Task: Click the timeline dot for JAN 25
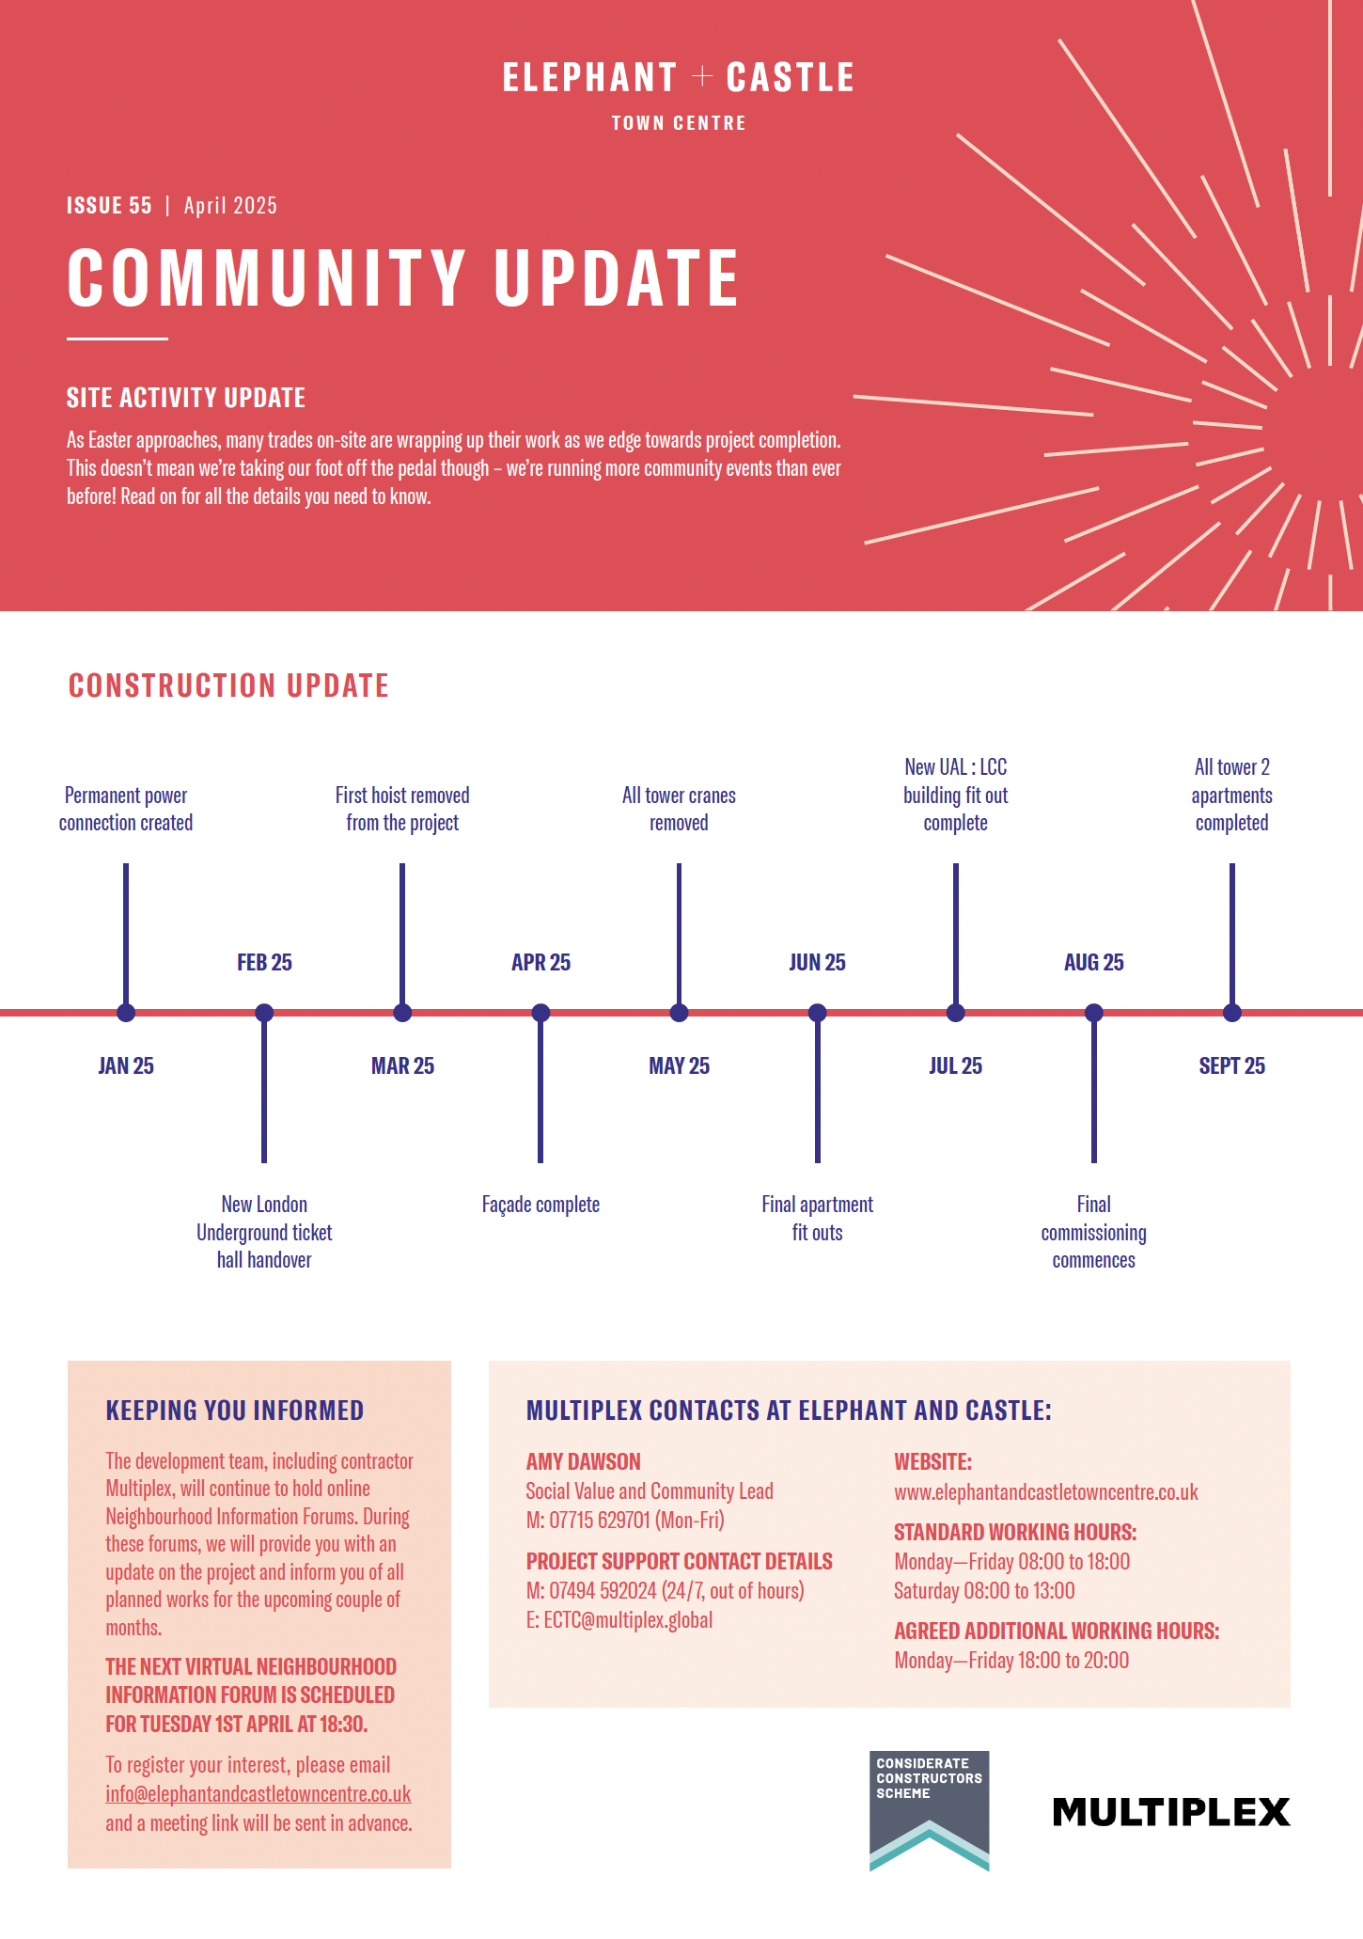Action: pos(126,1013)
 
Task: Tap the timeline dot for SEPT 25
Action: pos(1232,1013)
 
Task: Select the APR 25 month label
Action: pos(540,962)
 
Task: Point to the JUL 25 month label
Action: pos(955,1065)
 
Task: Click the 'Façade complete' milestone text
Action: pos(540,1205)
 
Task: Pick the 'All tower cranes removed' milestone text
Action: pos(679,809)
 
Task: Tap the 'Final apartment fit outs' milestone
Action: pos(817,1218)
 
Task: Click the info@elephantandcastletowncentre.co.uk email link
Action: pos(258,1793)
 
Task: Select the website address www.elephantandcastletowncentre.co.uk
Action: pos(1045,1492)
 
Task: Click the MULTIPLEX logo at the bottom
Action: pos(1170,1811)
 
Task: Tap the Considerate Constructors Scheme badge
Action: pos(929,1810)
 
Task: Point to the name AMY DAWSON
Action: pos(583,1461)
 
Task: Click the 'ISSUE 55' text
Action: pos(109,206)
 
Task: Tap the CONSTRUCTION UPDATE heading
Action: pos(228,686)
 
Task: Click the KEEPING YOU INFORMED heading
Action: pos(234,1411)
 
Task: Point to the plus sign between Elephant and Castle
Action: pos(702,76)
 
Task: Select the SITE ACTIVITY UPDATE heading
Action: pos(186,398)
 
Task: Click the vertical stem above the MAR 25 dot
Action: pos(402,931)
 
